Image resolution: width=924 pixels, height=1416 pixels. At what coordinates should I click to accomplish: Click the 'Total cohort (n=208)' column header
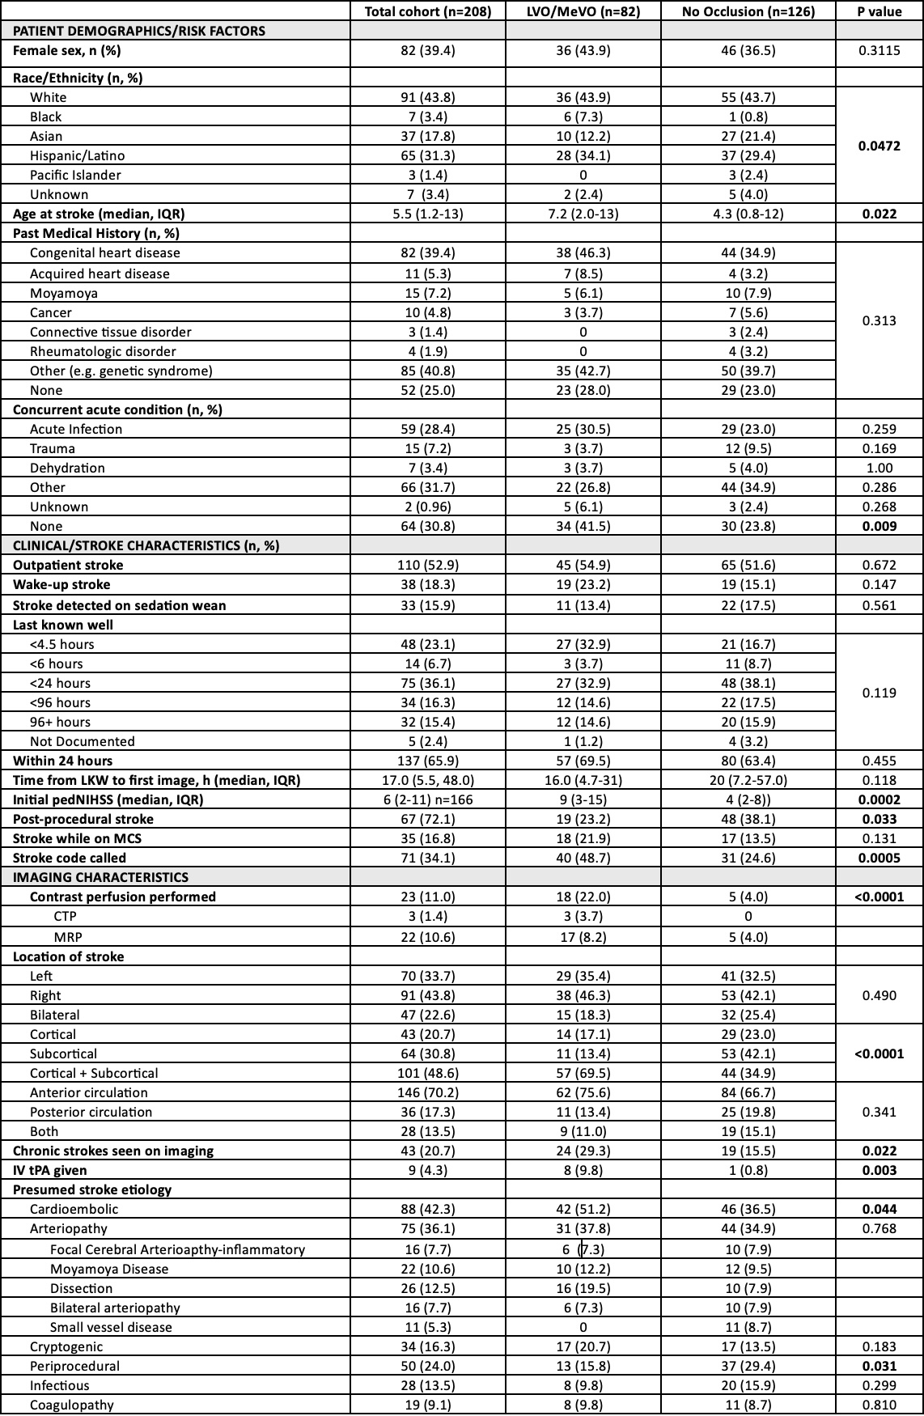427,11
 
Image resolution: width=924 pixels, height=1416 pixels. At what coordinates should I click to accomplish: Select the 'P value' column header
879,11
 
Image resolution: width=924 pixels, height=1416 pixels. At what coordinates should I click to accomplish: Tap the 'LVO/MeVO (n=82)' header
583,11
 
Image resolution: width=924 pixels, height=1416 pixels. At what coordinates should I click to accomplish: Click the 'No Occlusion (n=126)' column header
748,11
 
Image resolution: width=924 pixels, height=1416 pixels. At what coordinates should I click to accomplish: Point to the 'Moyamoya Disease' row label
109,1269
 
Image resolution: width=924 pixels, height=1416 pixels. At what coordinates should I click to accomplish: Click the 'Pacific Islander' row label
75,175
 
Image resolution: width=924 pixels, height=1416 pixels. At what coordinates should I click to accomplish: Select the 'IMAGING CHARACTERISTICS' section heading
100,877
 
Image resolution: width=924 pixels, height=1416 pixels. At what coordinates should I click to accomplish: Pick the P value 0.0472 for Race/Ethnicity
879,146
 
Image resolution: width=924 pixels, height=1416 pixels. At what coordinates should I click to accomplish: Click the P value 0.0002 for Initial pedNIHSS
879,799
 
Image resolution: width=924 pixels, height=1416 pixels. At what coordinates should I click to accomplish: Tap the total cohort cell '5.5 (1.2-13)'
427,214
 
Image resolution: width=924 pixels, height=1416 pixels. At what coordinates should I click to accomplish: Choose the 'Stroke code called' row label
70,858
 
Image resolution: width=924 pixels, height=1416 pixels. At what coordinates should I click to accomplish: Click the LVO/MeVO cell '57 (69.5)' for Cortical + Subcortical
583,1073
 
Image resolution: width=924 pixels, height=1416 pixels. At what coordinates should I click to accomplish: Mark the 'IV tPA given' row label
49,1170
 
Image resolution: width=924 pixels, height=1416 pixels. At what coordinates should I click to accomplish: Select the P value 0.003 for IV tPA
879,1170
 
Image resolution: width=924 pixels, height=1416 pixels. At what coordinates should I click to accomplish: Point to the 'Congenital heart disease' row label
105,252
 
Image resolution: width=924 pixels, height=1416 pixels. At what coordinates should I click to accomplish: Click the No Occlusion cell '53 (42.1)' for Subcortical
748,1054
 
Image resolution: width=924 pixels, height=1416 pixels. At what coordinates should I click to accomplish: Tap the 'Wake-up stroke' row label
61,584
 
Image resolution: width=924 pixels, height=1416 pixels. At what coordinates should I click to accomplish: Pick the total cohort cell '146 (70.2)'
427,1092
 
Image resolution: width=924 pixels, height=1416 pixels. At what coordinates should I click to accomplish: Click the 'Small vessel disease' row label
111,1327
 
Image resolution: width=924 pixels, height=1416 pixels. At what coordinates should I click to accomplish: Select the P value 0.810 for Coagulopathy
879,1405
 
